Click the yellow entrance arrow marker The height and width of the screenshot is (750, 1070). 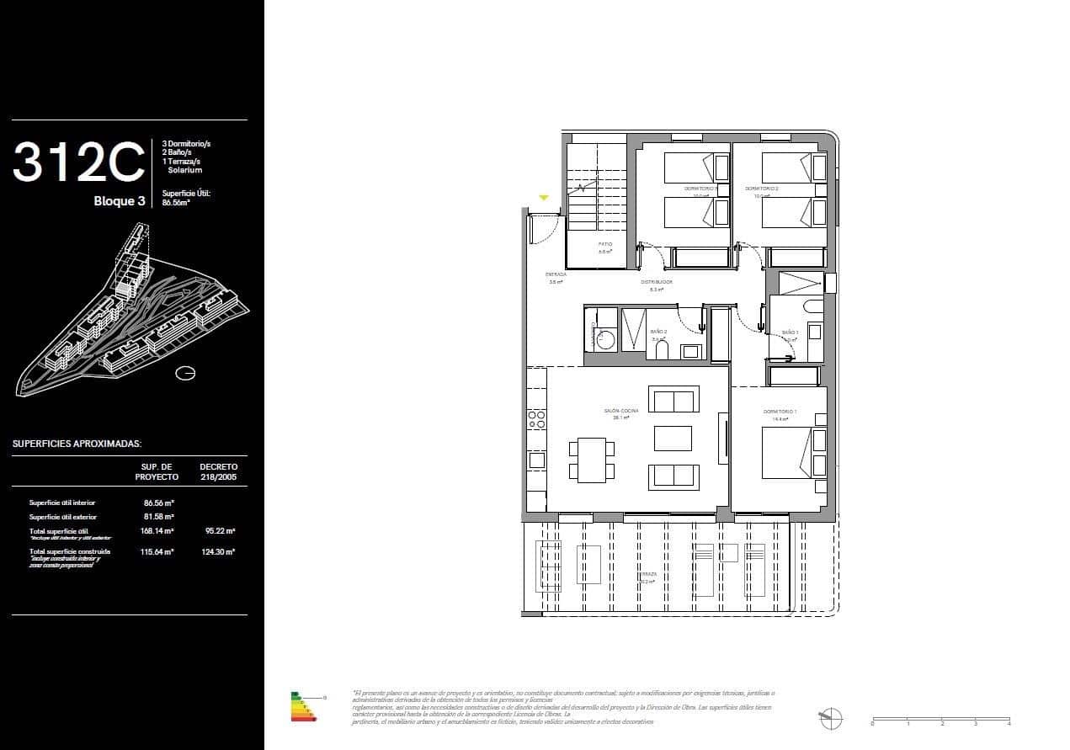[544, 198]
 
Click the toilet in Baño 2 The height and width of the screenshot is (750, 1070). [663, 348]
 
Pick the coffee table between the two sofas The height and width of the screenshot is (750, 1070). [673, 438]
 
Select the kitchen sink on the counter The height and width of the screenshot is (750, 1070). [536, 460]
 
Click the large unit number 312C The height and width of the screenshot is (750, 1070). [79, 162]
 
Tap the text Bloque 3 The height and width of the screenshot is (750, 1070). [120, 201]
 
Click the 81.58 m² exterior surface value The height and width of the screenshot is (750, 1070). [158, 517]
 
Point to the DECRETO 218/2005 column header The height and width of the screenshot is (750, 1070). [219, 471]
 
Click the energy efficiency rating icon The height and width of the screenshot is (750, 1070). [304, 708]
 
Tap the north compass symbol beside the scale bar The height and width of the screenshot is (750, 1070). [830, 718]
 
